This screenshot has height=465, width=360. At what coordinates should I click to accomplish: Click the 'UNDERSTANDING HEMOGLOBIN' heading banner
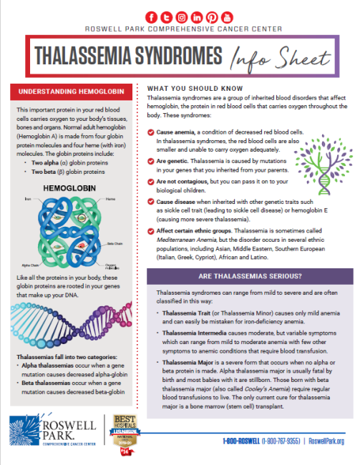70,92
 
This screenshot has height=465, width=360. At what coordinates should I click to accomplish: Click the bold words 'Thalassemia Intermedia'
192,333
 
